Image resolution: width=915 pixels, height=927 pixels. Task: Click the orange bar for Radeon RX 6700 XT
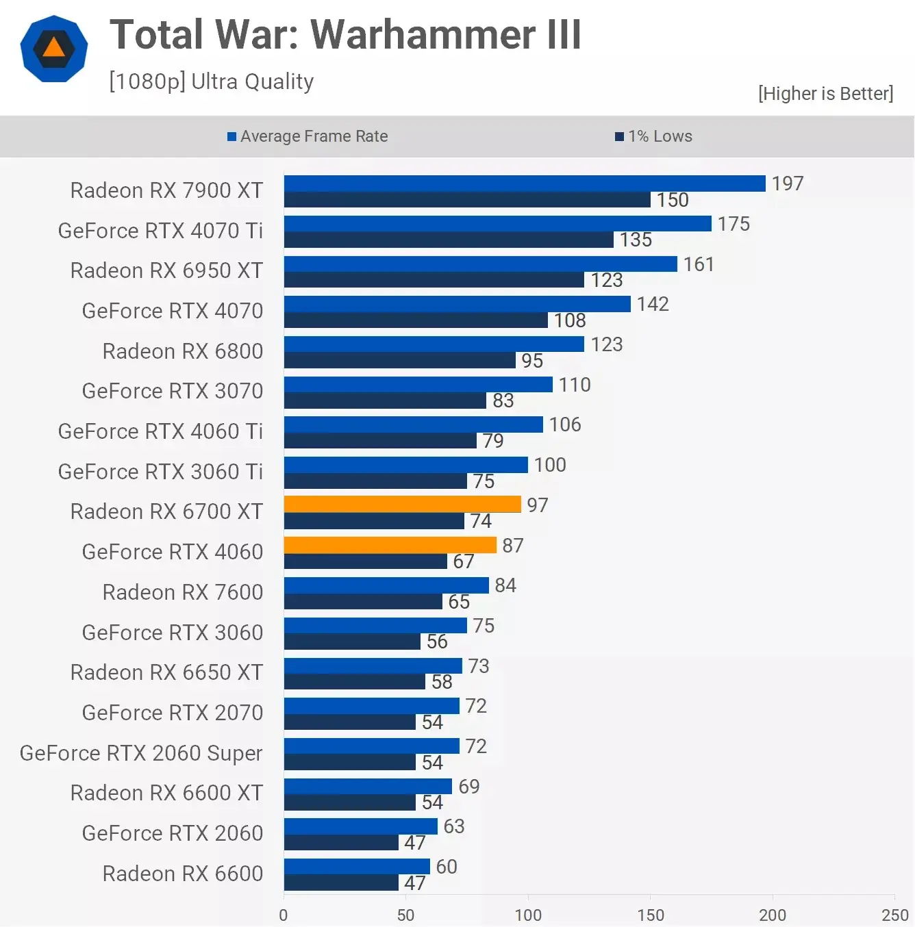402,504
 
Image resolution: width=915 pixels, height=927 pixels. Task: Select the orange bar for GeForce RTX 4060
390,544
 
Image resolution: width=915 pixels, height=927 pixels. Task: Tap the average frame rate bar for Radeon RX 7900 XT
524,183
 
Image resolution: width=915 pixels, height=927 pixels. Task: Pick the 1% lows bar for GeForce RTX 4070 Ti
449,240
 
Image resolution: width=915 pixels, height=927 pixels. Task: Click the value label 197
787,183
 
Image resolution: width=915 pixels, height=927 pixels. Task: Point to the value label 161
698,264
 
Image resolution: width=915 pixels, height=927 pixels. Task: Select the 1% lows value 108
569,320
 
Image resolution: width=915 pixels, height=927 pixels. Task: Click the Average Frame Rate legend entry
308,136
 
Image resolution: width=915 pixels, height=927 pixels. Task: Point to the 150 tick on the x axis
650,915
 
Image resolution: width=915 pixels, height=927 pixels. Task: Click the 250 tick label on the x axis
894,915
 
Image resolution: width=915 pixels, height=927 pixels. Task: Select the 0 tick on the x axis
284,915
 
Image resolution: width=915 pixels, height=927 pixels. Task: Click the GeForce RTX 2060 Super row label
141,753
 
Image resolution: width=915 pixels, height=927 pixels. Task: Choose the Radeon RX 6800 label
182,351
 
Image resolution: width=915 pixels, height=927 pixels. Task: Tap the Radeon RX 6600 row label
182,874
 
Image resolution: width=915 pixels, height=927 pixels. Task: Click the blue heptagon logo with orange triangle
54,49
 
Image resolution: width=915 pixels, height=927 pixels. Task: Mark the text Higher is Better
825,93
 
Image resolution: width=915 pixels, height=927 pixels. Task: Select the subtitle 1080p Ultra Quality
211,81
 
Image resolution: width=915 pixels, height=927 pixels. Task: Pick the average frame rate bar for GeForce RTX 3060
375,625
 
